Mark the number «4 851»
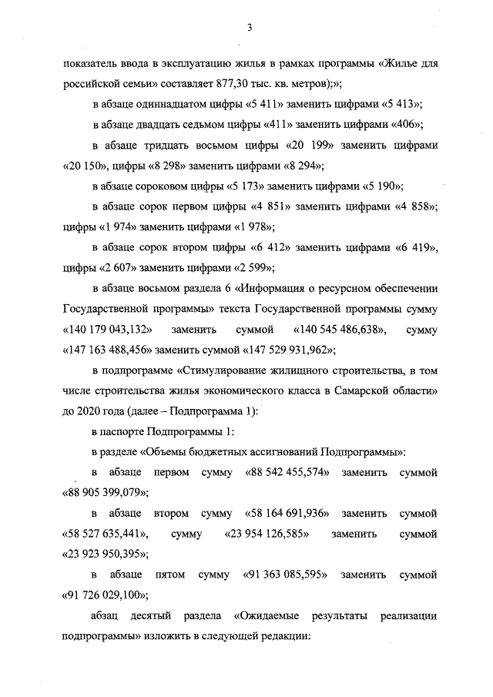[x=274, y=207]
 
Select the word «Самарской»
[x=361, y=392]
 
